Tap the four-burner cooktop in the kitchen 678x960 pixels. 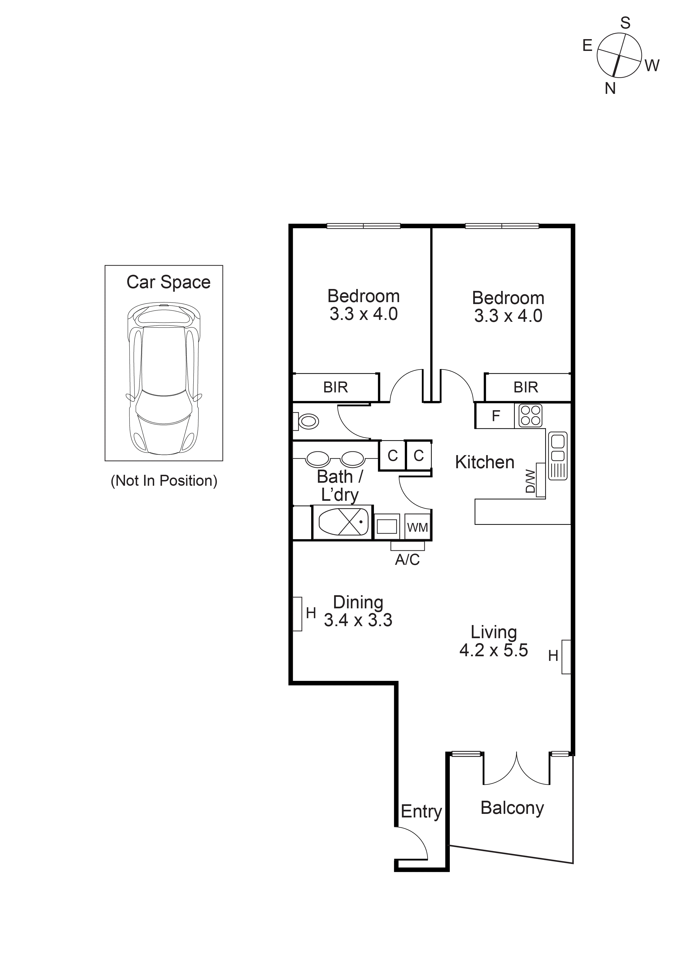531,416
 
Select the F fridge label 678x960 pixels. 496,416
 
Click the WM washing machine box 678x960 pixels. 417,527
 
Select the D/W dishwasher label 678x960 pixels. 530,481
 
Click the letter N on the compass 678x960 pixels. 610,89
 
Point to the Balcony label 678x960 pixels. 512,808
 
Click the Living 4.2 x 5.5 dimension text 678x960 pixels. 494,650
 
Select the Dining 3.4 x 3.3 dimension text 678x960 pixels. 358,620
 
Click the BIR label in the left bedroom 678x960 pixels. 335,388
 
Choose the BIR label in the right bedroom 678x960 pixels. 525,388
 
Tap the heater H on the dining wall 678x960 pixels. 310,613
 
